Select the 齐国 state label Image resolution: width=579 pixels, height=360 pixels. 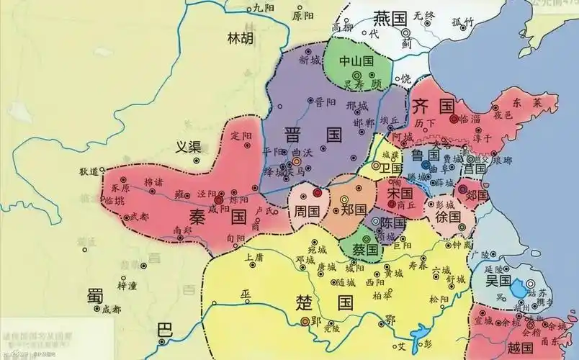coord(432,108)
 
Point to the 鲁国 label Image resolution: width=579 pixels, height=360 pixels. coord(425,156)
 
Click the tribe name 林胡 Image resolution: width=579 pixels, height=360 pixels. coord(240,38)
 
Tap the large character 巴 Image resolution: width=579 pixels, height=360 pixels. coord(166,330)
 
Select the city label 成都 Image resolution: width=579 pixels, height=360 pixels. coord(112,310)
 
